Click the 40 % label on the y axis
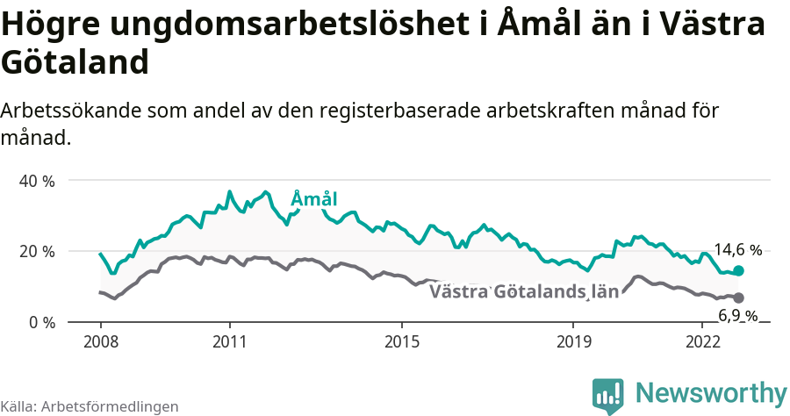pyautogui.click(x=36, y=181)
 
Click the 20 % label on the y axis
pyautogui.click(x=36, y=252)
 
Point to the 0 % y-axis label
pyautogui.click(x=40, y=323)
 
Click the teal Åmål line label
pyautogui.click(x=313, y=199)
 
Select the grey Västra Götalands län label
pyautogui.click(x=524, y=291)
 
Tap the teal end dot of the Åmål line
pyautogui.click(x=738, y=271)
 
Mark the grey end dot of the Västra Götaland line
pyautogui.click(x=738, y=298)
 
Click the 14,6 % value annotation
pyautogui.click(x=737, y=250)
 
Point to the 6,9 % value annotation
pyautogui.click(x=737, y=316)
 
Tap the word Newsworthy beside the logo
pyautogui.click(x=711, y=392)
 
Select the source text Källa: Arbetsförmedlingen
pyautogui.click(x=90, y=406)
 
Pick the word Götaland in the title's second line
pyautogui.click(x=74, y=63)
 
